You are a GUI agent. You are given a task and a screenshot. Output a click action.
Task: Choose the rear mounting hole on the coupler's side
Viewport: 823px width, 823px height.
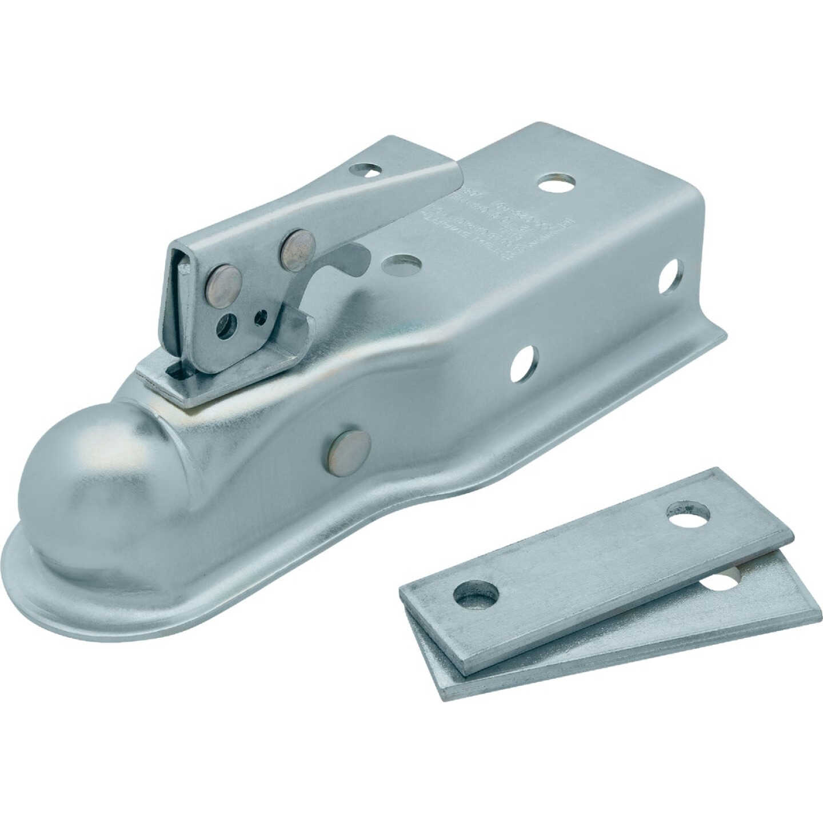(670, 277)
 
